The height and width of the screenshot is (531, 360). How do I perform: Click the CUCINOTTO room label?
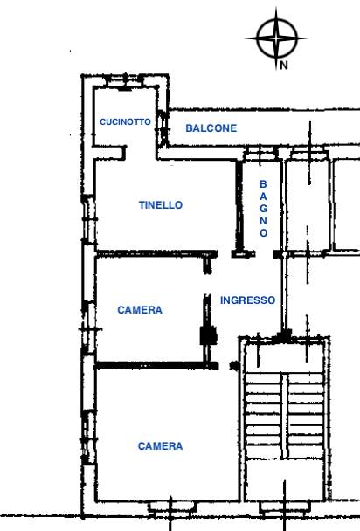[x=125, y=121]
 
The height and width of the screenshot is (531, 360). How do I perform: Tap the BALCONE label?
[x=211, y=128]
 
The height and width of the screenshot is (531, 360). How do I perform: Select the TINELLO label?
[x=161, y=205]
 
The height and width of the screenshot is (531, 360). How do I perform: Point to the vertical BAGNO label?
[x=263, y=208]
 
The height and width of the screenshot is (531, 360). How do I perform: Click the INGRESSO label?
[x=247, y=300]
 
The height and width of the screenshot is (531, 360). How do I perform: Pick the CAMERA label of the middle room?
[x=140, y=309]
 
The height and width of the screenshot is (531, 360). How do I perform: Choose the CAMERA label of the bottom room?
[x=160, y=446]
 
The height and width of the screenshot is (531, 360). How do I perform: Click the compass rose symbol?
[x=277, y=38]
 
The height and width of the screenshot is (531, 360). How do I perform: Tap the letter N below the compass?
[x=284, y=66]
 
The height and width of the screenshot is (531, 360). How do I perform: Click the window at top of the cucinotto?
[x=124, y=81]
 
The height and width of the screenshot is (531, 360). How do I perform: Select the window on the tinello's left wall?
[x=89, y=219]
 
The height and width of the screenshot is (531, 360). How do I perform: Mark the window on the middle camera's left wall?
[x=89, y=328]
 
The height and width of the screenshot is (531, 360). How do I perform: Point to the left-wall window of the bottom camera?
[x=89, y=438]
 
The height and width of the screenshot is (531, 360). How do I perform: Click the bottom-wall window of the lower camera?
[x=172, y=508]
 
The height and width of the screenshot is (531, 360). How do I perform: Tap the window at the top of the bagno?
[x=260, y=154]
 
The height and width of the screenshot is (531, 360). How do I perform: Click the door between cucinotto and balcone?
[x=163, y=128]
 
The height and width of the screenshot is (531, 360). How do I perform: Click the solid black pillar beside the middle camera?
[x=208, y=335]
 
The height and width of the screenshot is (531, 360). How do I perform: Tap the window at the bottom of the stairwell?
[x=285, y=508]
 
